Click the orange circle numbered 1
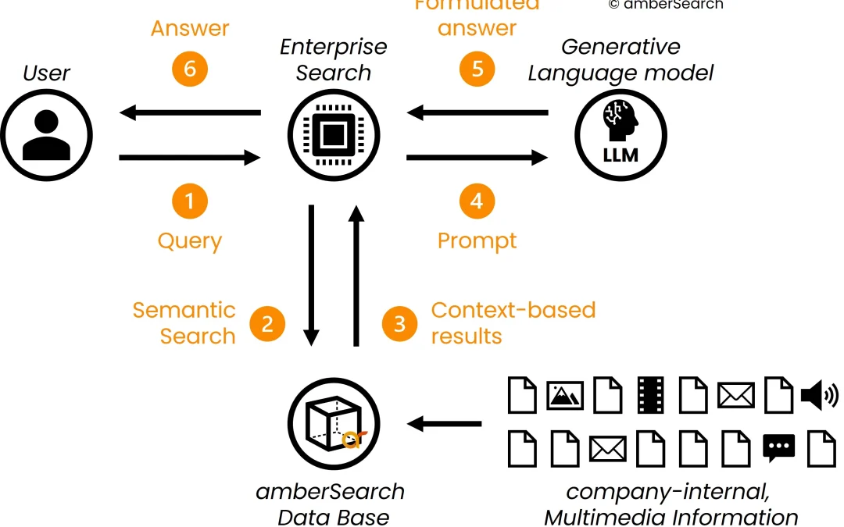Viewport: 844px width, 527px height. click(190, 202)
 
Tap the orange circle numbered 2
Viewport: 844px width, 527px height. click(267, 322)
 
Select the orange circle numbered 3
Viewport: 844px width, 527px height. click(399, 322)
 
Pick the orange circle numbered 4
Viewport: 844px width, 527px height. click(477, 202)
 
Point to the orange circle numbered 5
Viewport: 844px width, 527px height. click(477, 69)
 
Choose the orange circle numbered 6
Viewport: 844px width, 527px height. click(190, 69)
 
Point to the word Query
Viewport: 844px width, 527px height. click(190, 240)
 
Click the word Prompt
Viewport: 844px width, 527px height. click(477, 240)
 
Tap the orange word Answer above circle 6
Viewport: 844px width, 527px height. click(190, 29)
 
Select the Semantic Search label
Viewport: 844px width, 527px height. click(184, 322)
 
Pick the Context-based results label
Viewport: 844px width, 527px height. click(513, 322)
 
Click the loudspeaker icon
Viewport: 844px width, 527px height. click(819, 396)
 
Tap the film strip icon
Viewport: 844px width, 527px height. click(650, 395)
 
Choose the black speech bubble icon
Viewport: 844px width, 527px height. click(778, 448)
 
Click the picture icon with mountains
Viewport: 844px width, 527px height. click(566, 396)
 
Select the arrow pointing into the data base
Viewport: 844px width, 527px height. click(444, 425)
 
